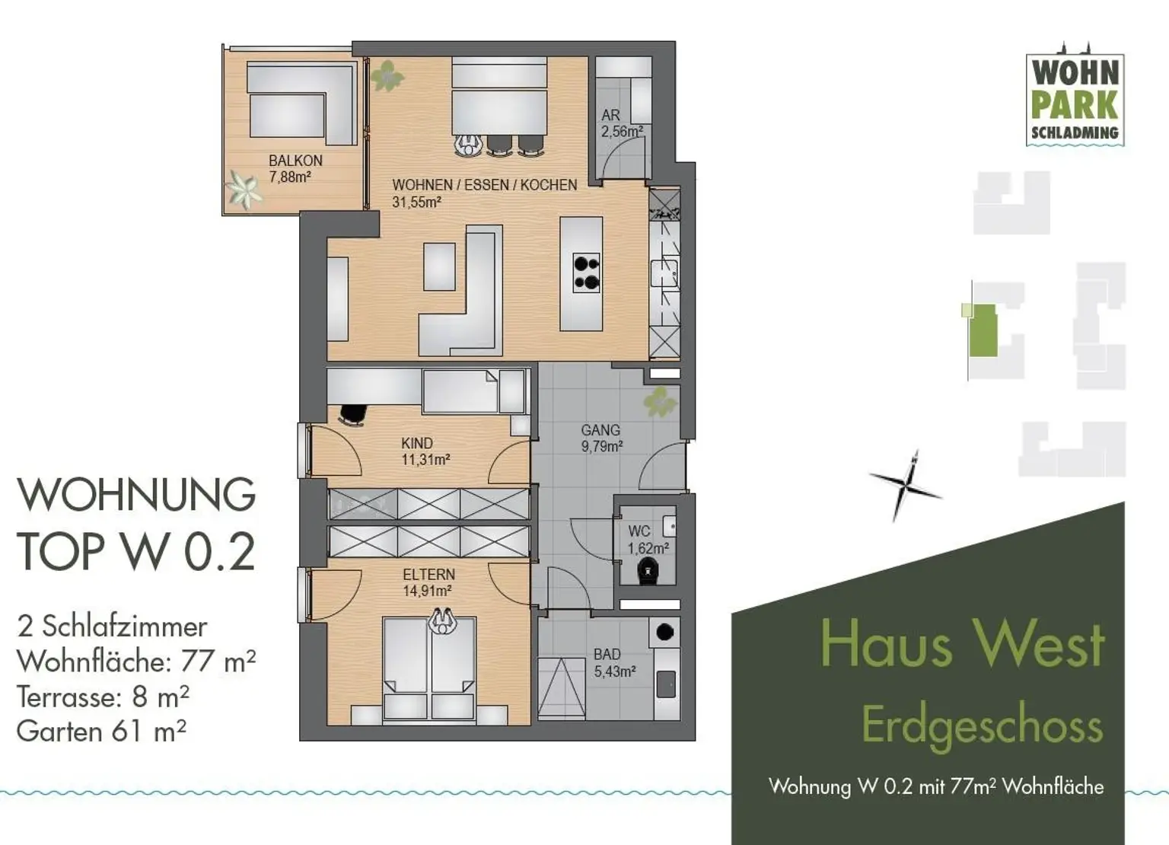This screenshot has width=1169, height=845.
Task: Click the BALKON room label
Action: (295, 161)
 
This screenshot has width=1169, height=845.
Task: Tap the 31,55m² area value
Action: (416, 202)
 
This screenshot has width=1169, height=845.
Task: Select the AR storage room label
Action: (610, 116)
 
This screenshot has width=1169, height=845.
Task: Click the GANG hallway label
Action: (600, 431)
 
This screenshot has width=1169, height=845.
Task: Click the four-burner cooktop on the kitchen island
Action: (586, 273)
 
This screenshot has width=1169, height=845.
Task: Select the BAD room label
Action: (607, 655)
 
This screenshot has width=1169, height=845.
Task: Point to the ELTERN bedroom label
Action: (428, 575)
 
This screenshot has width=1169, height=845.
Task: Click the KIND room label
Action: (417, 443)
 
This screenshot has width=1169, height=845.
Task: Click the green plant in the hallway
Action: (659, 402)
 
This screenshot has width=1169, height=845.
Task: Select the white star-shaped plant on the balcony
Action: (244, 188)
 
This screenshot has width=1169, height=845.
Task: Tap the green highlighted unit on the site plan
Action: (983, 330)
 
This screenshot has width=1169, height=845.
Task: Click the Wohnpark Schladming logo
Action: (1075, 99)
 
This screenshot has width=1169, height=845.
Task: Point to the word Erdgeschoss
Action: (982, 726)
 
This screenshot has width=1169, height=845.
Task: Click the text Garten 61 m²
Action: (101, 732)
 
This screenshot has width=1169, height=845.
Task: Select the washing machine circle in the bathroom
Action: (665, 632)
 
